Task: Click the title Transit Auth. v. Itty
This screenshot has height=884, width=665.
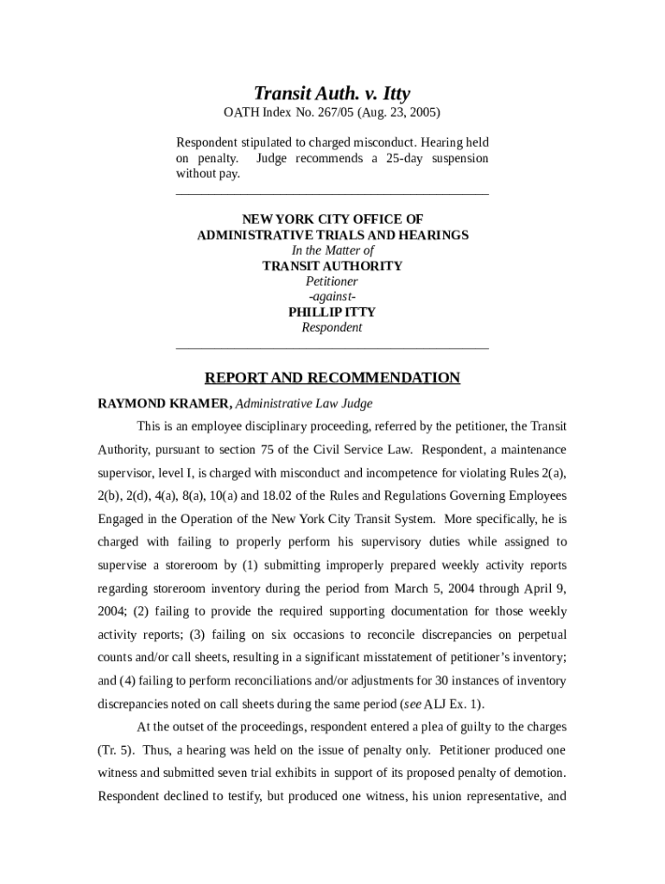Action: click(332, 93)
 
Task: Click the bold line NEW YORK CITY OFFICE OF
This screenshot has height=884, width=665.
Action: click(332, 219)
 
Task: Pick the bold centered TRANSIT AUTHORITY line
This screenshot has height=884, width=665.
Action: click(332, 266)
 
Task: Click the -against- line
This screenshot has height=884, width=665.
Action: click(332, 297)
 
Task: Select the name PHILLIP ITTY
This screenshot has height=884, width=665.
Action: click(332, 313)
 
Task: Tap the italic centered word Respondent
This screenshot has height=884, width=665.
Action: click(332, 328)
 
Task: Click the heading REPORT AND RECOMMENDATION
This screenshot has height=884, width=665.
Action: click(332, 378)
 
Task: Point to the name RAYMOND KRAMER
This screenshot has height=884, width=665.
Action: click(164, 403)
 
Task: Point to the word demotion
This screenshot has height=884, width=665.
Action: click(536, 773)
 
